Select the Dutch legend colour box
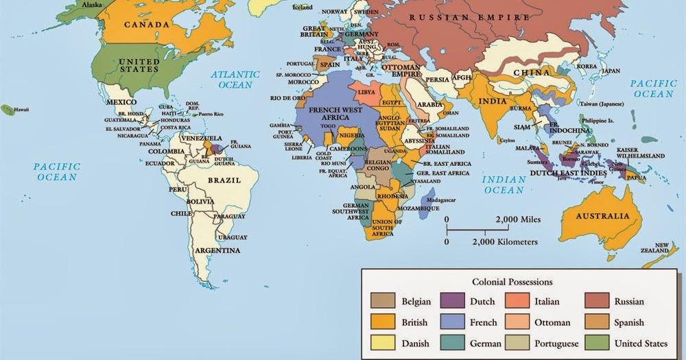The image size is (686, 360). coord(451,301)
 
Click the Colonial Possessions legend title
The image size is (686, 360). coord(512,281)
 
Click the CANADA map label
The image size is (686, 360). coord(146,25)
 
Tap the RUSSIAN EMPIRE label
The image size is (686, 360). coord(469,17)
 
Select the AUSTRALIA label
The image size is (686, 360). coord(602,216)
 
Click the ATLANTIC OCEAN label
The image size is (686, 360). coord(235,80)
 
